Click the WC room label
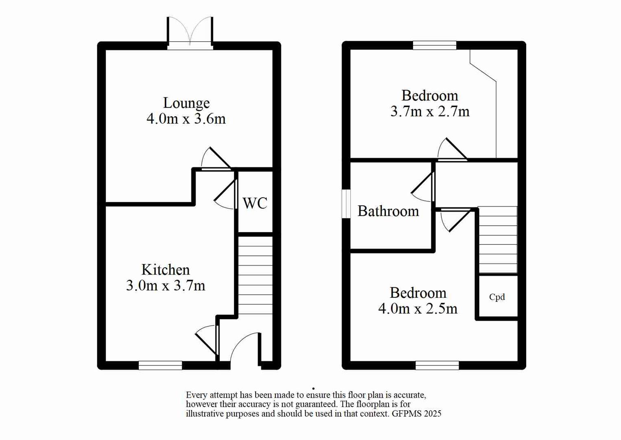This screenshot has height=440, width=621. [x=255, y=203]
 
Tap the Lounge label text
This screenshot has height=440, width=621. [x=186, y=103]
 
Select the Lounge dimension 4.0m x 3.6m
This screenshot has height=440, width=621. [x=186, y=119]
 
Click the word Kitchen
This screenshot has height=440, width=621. [x=166, y=270]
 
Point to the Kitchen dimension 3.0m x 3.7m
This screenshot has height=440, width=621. [x=166, y=286]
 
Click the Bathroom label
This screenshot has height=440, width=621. [x=388, y=211]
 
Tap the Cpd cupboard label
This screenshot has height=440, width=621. [x=497, y=297]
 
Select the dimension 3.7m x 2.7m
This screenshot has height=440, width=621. [x=430, y=111]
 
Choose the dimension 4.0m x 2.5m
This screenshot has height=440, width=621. [x=418, y=309]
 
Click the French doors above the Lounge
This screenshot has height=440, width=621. [x=190, y=33]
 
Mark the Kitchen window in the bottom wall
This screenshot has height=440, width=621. [x=160, y=365]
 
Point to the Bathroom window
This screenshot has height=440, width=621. [x=346, y=204]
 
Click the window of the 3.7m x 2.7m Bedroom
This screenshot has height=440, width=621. [x=435, y=45]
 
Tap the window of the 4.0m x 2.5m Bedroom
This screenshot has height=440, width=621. [x=437, y=365]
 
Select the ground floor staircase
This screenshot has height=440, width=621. [x=255, y=275]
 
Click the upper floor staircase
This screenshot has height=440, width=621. [x=498, y=240]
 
